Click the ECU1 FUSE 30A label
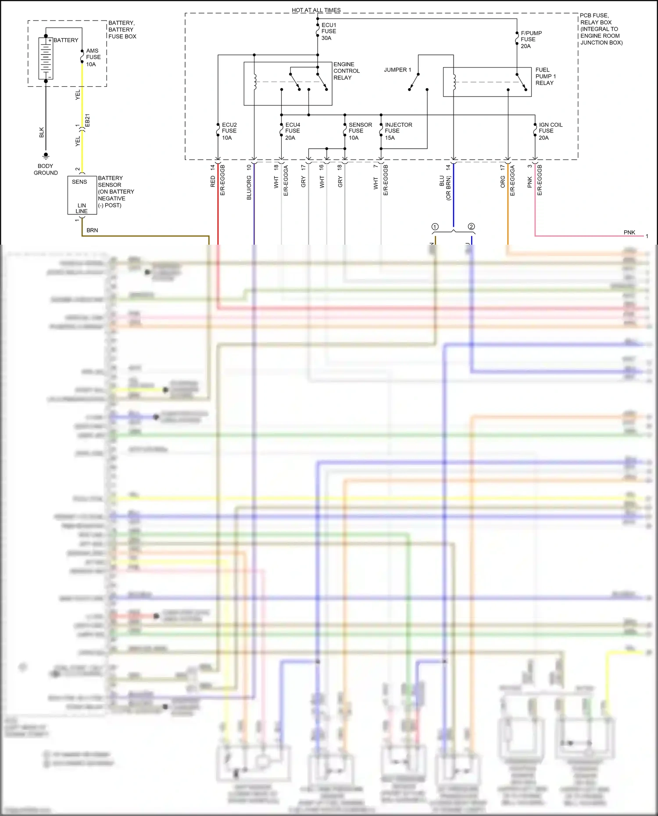click(329, 32)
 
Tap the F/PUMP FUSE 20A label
click(531, 39)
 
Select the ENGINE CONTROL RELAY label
click(346, 71)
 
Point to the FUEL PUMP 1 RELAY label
click(545, 76)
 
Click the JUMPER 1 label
click(397, 70)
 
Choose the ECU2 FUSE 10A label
click(229, 131)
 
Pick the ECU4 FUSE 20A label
click(293, 131)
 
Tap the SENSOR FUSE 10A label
click(360, 131)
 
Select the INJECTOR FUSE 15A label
click(398, 131)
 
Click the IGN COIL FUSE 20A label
click(551, 131)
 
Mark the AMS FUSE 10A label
click(93, 57)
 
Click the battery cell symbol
click(46, 58)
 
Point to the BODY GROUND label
click(46, 169)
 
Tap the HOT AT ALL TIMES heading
click(316, 10)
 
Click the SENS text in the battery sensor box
click(79, 182)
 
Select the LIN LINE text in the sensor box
click(82, 208)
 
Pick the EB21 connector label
click(87, 121)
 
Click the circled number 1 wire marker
click(435, 227)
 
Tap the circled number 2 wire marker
click(471, 227)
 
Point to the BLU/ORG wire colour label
click(249, 188)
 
